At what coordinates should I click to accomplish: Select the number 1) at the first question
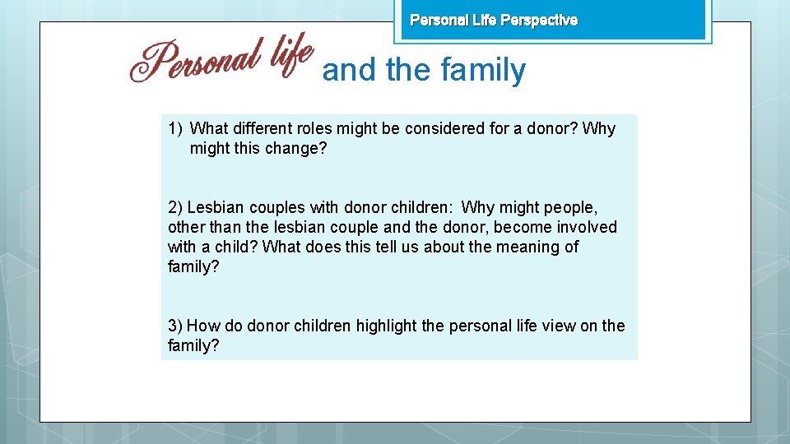(x=174, y=128)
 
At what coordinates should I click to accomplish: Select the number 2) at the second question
(x=175, y=207)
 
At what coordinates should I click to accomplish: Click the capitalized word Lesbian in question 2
(x=216, y=207)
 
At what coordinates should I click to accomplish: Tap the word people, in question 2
(x=567, y=207)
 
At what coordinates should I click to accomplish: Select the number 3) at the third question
(x=175, y=326)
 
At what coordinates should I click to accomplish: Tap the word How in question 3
(x=202, y=326)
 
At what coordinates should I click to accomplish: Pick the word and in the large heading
(x=349, y=71)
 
